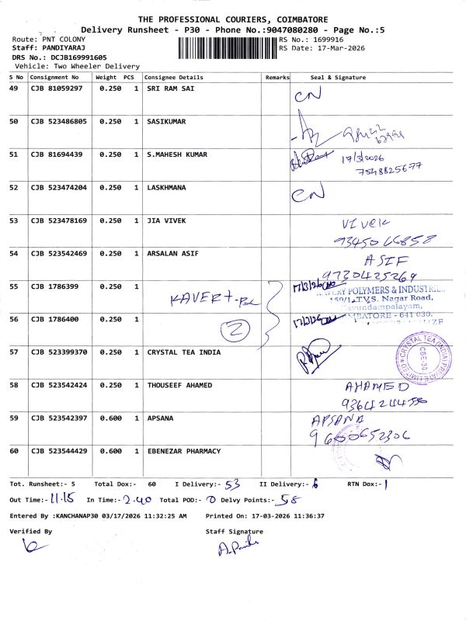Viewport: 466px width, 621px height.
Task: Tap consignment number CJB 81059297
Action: (x=56, y=89)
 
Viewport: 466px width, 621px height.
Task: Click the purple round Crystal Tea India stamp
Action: (x=424, y=358)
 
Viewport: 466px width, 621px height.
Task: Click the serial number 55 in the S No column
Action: (x=13, y=286)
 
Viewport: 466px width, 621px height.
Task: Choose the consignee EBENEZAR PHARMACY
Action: (x=183, y=451)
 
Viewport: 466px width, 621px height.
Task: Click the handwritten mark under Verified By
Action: (x=30, y=547)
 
